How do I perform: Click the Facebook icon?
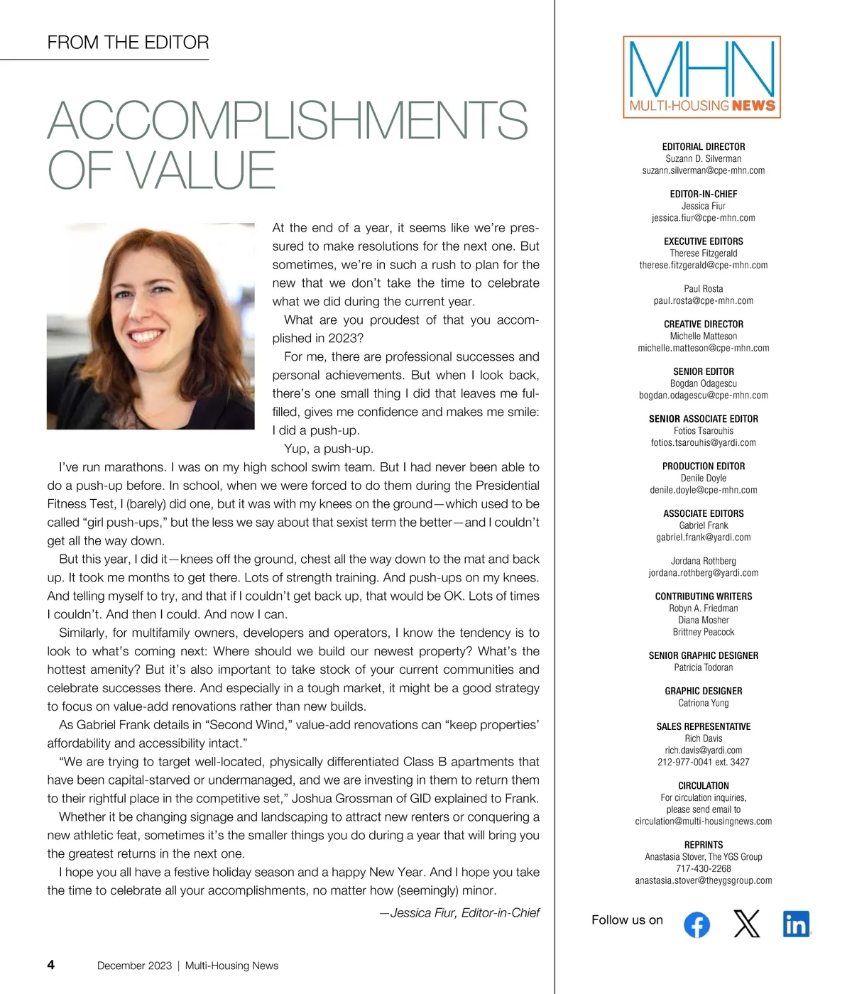(x=697, y=924)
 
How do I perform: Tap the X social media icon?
(x=746, y=924)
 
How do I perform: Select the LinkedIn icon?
(x=796, y=924)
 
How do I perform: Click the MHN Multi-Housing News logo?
(x=701, y=77)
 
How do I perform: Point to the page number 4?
(x=50, y=964)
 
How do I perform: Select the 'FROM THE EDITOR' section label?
(x=128, y=43)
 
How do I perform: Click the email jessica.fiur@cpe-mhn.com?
(x=703, y=218)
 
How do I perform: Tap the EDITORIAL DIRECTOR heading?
(x=703, y=147)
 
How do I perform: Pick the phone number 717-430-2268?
(x=703, y=868)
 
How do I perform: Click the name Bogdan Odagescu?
(x=703, y=383)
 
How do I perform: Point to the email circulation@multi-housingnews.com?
(x=703, y=821)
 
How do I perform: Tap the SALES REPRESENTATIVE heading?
(x=703, y=726)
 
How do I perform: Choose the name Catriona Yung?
(x=703, y=703)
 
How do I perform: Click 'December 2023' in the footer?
(x=134, y=966)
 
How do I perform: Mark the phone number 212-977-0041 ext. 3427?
(x=703, y=762)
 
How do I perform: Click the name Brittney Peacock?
(x=703, y=632)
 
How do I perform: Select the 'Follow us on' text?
(x=627, y=920)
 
